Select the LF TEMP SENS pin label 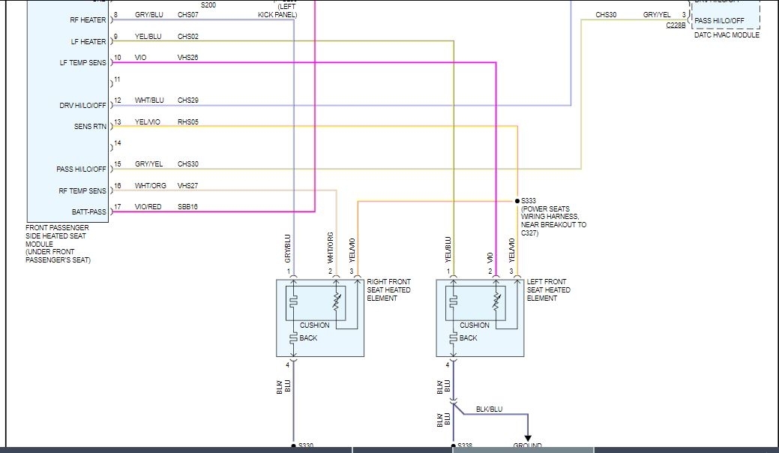pos(83,62)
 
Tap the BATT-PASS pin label pos(88,212)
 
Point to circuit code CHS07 pos(188,15)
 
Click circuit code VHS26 pos(187,57)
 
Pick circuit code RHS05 pos(188,121)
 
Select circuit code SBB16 pos(187,206)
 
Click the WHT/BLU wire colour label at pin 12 pos(149,100)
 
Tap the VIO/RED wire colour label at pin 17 pos(148,206)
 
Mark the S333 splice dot pos(517,201)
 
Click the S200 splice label pos(208,5)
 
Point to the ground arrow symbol pos(528,438)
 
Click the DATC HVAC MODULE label pos(726,35)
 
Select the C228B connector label pos(676,25)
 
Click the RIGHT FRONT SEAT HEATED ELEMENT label pos(388,289)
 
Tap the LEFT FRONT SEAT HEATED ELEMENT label pos(548,289)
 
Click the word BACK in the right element pos(308,338)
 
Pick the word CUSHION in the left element pos(475,325)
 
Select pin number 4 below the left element pos(448,365)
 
